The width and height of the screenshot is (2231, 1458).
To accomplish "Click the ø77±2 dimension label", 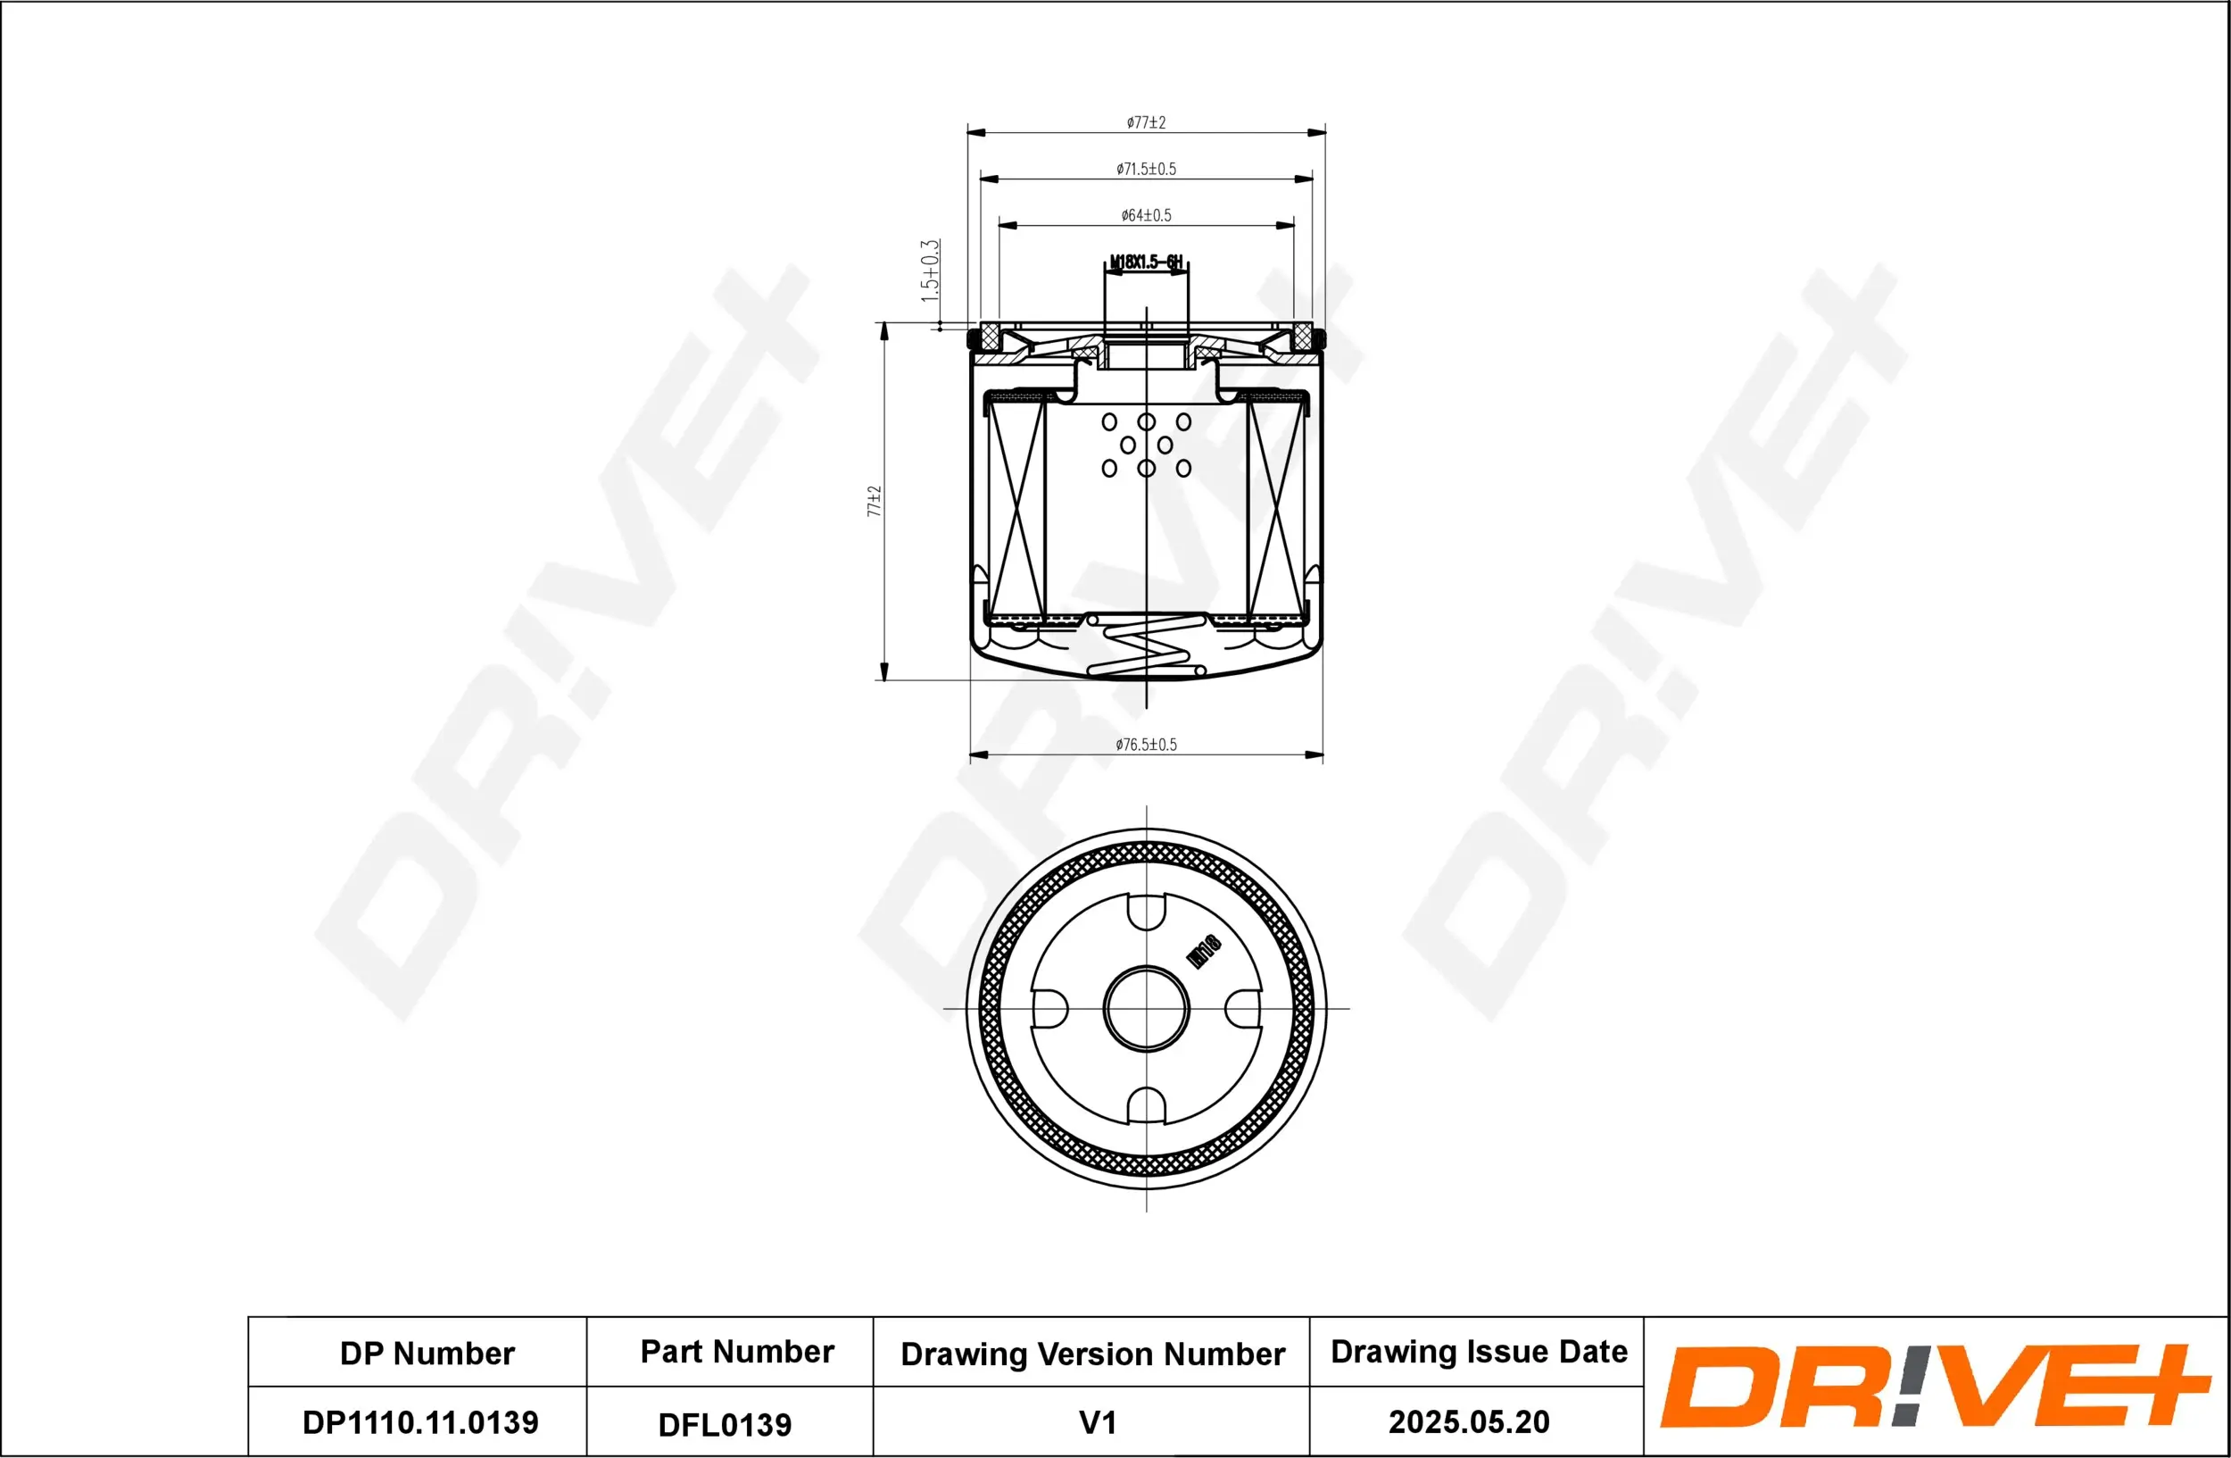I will click(1146, 122).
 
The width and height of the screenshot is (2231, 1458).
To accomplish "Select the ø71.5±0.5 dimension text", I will click(1146, 169).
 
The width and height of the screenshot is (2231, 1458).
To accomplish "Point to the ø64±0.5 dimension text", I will click(1146, 214).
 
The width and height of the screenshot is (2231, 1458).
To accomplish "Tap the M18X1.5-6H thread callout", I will click(1146, 262).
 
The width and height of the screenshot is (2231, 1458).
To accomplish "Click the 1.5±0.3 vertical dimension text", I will click(929, 270).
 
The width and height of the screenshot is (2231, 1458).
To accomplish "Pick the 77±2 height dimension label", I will click(874, 501).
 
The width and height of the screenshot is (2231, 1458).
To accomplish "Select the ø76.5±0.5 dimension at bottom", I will click(1146, 745).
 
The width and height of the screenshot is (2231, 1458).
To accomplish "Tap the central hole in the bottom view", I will click(1146, 1009).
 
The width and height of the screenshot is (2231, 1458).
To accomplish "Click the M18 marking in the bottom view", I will click(1204, 951).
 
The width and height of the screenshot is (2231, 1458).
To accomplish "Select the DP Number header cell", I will click(427, 1353).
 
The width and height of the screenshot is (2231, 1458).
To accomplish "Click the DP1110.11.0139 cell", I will click(420, 1422).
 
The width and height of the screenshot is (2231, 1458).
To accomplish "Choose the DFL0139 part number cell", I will click(725, 1424).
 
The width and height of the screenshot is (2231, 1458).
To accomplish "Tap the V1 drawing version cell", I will click(1097, 1422).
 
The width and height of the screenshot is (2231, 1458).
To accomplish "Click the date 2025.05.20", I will click(1468, 1421).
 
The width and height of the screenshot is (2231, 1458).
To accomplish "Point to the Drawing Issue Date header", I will click(1479, 1351).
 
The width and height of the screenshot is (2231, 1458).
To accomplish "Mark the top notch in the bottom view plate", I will click(1146, 912).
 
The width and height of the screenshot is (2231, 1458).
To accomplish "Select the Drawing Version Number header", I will click(1092, 1353).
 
